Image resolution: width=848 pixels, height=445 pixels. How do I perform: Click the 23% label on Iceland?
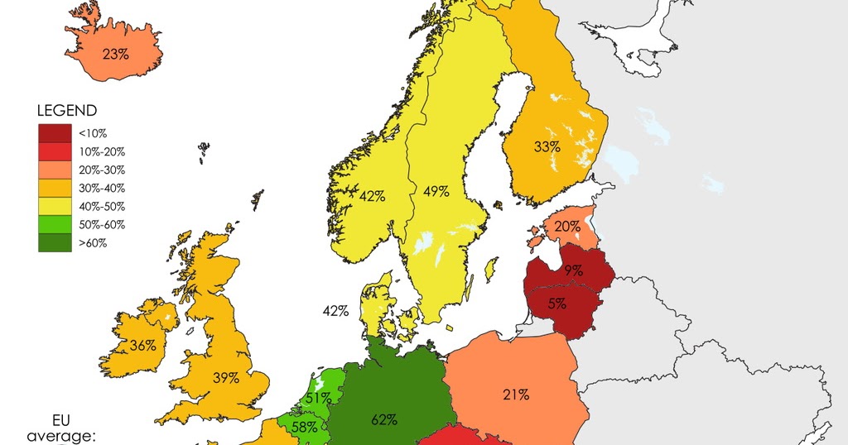(116, 55)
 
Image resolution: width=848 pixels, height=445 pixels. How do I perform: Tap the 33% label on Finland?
(547, 147)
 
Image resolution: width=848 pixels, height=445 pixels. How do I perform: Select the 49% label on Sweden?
(436, 192)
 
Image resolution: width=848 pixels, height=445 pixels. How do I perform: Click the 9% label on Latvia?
(574, 270)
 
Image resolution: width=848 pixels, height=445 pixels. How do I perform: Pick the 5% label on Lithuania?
(557, 304)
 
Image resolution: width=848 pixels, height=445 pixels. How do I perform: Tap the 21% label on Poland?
(516, 395)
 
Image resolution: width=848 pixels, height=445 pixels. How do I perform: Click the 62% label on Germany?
(384, 419)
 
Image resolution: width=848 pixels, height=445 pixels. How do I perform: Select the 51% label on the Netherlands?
(318, 398)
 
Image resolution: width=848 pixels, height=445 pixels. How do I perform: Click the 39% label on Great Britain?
(225, 378)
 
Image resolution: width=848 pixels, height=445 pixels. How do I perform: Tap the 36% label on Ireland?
(143, 346)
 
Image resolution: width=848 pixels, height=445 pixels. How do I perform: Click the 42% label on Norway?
(373, 196)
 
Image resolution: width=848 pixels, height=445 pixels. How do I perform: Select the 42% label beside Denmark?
(335, 311)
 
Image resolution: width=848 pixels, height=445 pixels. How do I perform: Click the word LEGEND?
(67, 110)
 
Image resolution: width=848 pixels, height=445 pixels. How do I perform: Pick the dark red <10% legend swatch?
(54, 132)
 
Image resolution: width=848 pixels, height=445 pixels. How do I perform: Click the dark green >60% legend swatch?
(54, 242)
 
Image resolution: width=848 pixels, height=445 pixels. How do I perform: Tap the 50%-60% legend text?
(104, 224)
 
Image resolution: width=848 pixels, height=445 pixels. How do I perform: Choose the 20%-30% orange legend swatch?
(54, 170)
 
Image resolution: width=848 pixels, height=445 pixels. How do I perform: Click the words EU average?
(61, 428)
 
